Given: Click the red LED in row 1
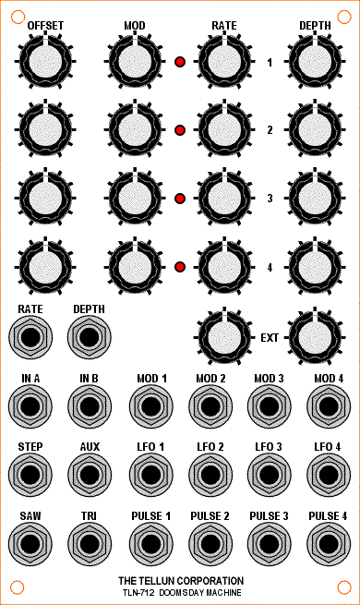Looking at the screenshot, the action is (180, 62).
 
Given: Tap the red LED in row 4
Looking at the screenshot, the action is (180, 267).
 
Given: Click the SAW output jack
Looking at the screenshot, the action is (30, 543).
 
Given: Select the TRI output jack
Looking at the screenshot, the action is (90, 543).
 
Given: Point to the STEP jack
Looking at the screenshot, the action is (30, 474).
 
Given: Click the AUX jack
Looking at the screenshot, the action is (90, 474).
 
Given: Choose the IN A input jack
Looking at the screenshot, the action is (30, 405).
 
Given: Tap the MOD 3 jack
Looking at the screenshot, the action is (269, 405).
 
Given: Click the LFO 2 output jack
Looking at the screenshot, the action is (210, 474).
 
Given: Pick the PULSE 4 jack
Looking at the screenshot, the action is (329, 543).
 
